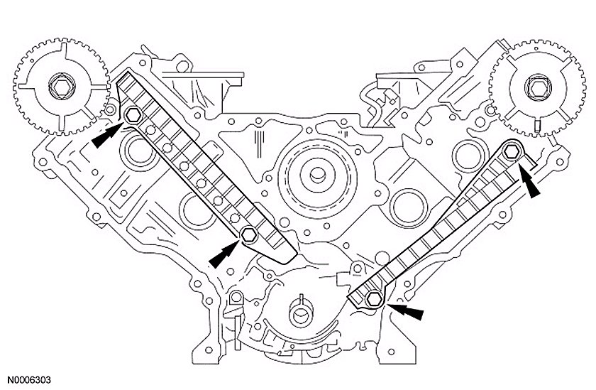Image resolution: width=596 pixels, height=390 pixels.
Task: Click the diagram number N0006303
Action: [30, 381]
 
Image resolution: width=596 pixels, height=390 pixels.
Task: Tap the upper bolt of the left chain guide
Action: [133, 115]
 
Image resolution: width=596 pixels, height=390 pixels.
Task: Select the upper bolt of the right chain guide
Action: [513, 151]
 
